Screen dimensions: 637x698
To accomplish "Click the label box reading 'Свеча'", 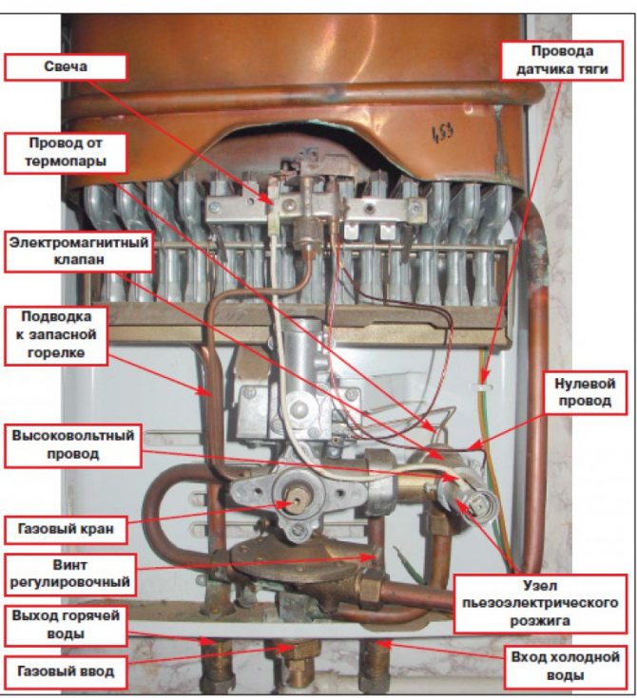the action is (66, 67).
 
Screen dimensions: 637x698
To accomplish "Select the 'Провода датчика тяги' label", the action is (562, 61).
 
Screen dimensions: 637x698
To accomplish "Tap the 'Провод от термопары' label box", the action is (66, 153).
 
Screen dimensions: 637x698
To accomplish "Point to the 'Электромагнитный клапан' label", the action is (79, 251).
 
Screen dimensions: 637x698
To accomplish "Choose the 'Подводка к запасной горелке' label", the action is (56, 335).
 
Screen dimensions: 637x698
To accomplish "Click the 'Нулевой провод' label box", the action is (585, 392).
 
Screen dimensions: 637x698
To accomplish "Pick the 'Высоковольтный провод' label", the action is (73, 445).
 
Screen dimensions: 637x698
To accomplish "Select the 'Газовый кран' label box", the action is (66, 529).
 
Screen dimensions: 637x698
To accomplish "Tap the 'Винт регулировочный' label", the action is (70, 575).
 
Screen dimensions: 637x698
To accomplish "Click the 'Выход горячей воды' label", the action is (66, 625).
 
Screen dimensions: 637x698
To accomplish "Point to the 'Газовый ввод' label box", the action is (66, 671).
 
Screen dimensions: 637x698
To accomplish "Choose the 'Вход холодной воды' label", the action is (566, 667).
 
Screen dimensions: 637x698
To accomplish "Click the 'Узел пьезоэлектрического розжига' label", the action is (540, 604).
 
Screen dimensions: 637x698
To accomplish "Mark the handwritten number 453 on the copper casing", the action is (443, 134).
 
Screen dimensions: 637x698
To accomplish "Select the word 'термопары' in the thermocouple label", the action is (66, 161).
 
